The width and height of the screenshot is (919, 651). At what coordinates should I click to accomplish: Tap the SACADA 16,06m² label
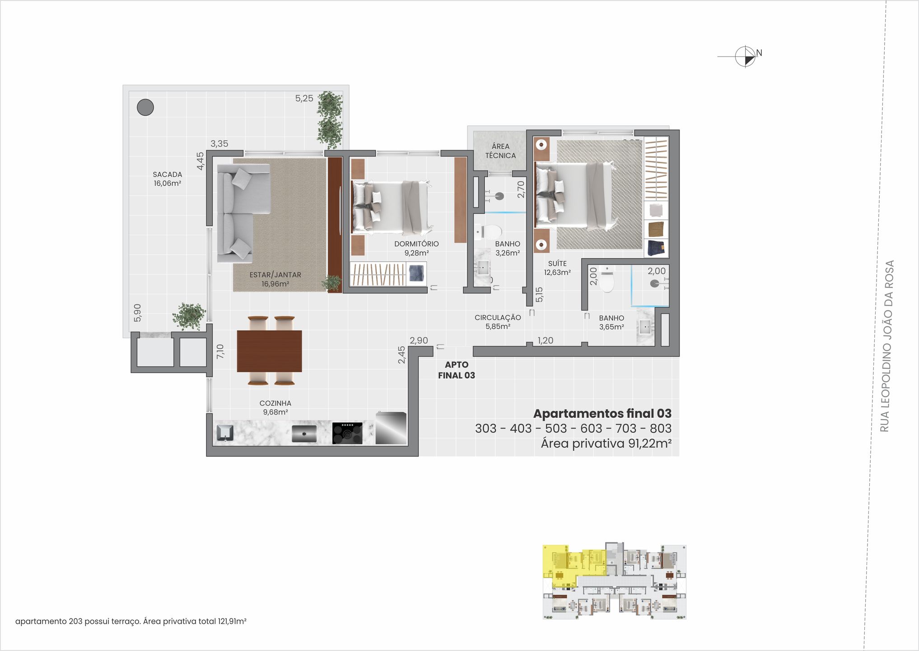pyautogui.click(x=167, y=179)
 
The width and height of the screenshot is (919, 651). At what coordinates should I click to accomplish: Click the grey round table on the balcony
pyautogui.click(x=145, y=107)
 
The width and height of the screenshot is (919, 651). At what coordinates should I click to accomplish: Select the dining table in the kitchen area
pyautogui.click(x=269, y=351)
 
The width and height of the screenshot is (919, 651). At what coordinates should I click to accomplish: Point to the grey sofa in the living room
pyautogui.click(x=239, y=212)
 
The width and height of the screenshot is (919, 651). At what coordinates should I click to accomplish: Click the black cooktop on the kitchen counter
pyautogui.click(x=347, y=433)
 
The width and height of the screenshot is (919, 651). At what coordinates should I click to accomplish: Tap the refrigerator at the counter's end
pyautogui.click(x=391, y=428)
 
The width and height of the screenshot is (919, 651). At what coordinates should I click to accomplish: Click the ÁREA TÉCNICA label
pyautogui.click(x=500, y=151)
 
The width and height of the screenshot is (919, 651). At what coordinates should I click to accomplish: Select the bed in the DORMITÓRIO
pyautogui.click(x=391, y=207)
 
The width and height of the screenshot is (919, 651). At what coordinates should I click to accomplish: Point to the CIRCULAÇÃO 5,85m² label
pyautogui.click(x=498, y=322)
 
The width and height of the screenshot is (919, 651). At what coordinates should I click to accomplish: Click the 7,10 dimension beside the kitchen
pyautogui.click(x=220, y=351)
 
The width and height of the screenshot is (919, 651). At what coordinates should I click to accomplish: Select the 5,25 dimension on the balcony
pyautogui.click(x=304, y=99)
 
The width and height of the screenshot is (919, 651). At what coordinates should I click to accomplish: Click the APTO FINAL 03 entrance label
pyautogui.click(x=456, y=370)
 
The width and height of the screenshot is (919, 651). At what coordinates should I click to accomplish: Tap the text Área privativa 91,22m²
pyautogui.click(x=606, y=443)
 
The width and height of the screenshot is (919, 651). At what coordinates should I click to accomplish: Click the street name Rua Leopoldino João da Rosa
pyautogui.click(x=886, y=346)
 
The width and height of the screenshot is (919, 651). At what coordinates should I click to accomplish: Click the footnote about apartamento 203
pyautogui.click(x=131, y=621)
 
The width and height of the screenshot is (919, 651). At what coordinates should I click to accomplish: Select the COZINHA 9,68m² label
pyautogui.click(x=275, y=407)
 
